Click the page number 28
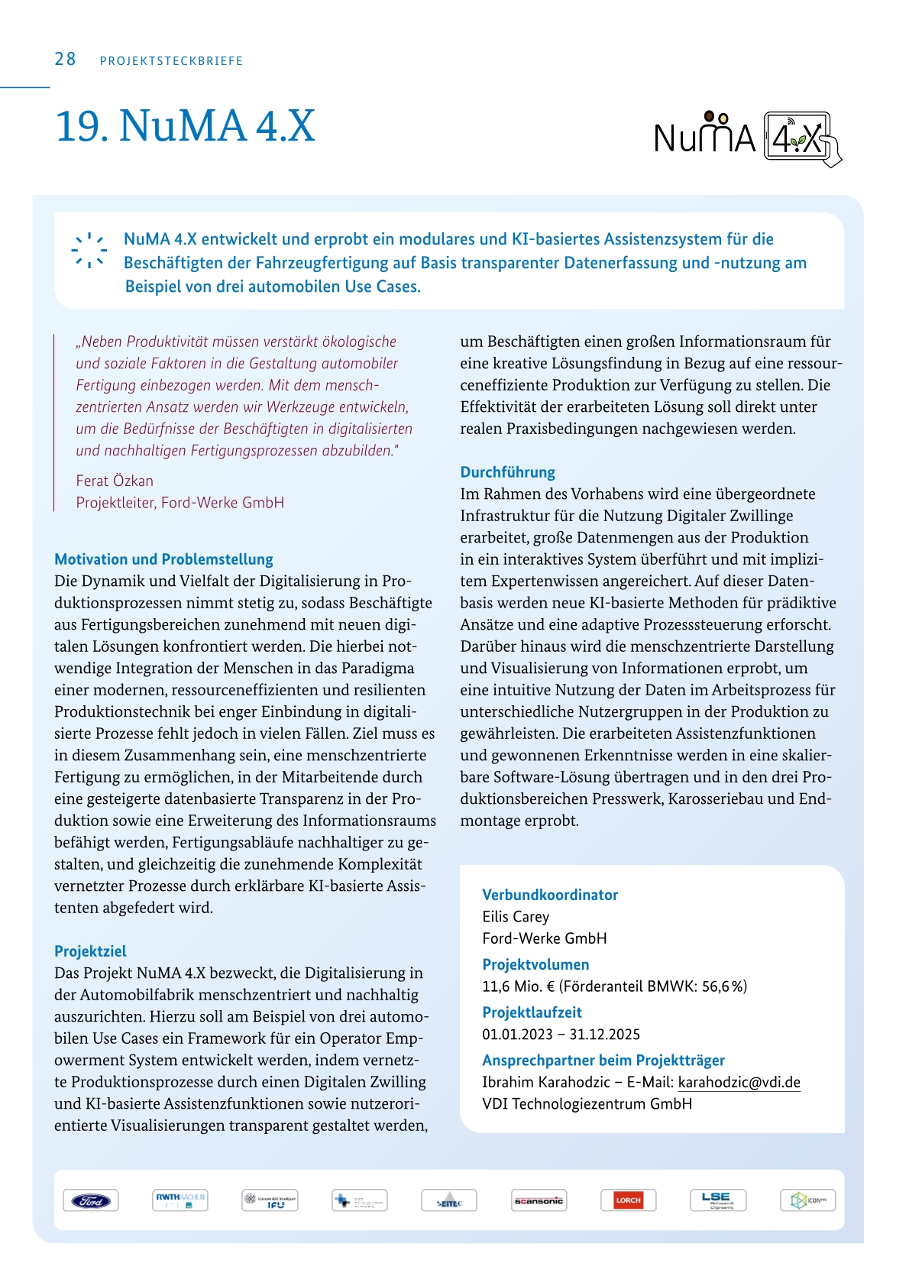pyautogui.click(x=65, y=60)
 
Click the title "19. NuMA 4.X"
pyautogui.click(x=185, y=126)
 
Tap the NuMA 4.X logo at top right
pyautogui.click(x=747, y=138)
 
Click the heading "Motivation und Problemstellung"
pyautogui.click(x=163, y=559)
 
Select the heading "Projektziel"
pyautogui.click(x=90, y=951)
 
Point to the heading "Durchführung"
pyautogui.click(x=507, y=472)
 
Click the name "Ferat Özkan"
pyautogui.click(x=115, y=481)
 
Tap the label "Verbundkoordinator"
pyautogui.click(x=550, y=895)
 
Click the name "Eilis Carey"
pyautogui.click(x=516, y=917)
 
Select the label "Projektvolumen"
pyautogui.click(x=535, y=964)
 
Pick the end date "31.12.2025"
pyautogui.click(x=604, y=1035)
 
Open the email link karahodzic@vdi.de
pyautogui.click(x=739, y=1082)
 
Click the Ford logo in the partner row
pyautogui.click(x=90, y=1200)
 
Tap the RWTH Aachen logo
pyautogui.click(x=180, y=1200)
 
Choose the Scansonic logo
pyautogui.click(x=539, y=1200)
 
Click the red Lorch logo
pyautogui.click(x=628, y=1200)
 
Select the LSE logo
pyautogui.click(x=717, y=1200)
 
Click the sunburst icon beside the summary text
pyautogui.click(x=89, y=250)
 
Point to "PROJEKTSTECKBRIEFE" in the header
pyautogui.click(x=171, y=61)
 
